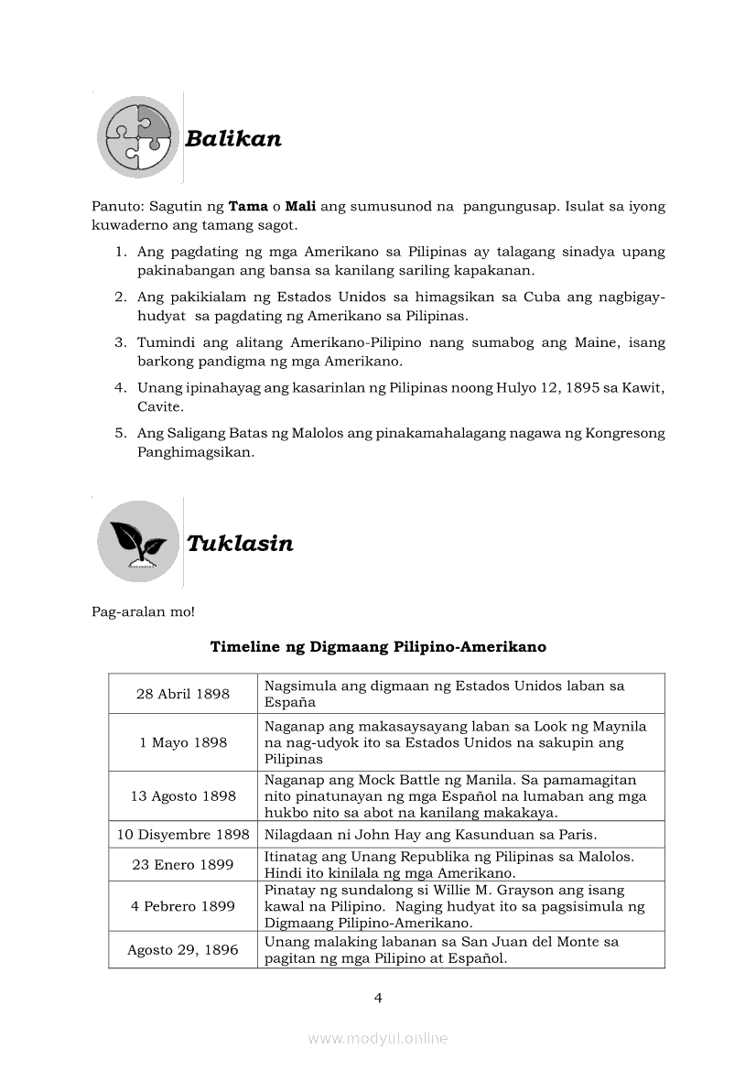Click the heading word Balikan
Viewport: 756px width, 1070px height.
pos(232,139)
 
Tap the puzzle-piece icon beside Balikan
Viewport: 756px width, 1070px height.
pos(138,137)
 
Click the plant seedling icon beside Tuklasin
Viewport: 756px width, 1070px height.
pos(138,542)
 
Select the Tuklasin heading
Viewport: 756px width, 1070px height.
pos(240,544)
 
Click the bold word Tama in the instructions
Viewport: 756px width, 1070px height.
pos(247,207)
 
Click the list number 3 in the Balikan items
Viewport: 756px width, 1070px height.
pos(120,342)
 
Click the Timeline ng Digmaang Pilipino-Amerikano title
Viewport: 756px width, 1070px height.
pos(378,647)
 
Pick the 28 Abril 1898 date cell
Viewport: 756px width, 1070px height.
pos(183,694)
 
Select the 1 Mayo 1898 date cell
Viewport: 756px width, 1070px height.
pos(183,742)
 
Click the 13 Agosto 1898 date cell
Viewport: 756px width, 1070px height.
pos(183,796)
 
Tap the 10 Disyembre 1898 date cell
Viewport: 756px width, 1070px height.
pos(183,835)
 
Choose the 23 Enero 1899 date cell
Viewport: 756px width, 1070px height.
pos(183,865)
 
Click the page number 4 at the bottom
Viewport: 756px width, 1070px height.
pos(378,998)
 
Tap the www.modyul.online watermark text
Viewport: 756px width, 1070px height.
pos(378,1038)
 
